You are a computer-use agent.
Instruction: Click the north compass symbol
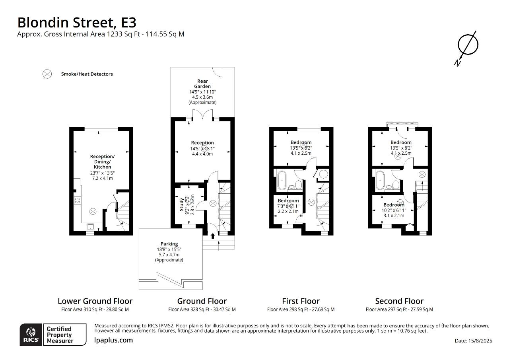pyautogui.click(x=467, y=45)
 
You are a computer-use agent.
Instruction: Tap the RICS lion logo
pyautogui.click(x=31, y=335)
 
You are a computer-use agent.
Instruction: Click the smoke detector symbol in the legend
pyautogui.click(x=47, y=74)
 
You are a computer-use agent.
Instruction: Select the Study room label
pyautogui.click(x=181, y=204)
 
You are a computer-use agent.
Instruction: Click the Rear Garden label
pyautogui.click(x=202, y=84)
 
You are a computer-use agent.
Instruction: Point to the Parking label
pyautogui.click(x=169, y=244)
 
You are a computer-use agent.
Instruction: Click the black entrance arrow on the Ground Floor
pyautogui.click(x=212, y=236)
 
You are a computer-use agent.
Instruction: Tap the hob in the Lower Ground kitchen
pyautogui.click(x=77, y=201)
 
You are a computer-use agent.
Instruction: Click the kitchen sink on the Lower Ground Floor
pyautogui.click(x=91, y=227)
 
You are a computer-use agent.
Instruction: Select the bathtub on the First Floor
pyautogui.click(x=282, y=180)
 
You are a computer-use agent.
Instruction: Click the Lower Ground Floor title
pyautogui.click(x=95, y=301)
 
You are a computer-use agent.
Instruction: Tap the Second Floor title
pyautogui.click(x=399, y=301)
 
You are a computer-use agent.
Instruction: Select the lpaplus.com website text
pyautogui.click(x=114, y=340)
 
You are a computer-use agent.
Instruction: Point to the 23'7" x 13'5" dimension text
pyautogui.click(x=102, y=173)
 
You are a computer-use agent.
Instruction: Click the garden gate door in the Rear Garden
pyautogui.click(x=218, y=72)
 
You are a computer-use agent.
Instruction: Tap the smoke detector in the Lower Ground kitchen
pyautogui.click(x=93, y=211)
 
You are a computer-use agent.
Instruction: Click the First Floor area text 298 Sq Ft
pyautogui.click(x=301, y=309)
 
